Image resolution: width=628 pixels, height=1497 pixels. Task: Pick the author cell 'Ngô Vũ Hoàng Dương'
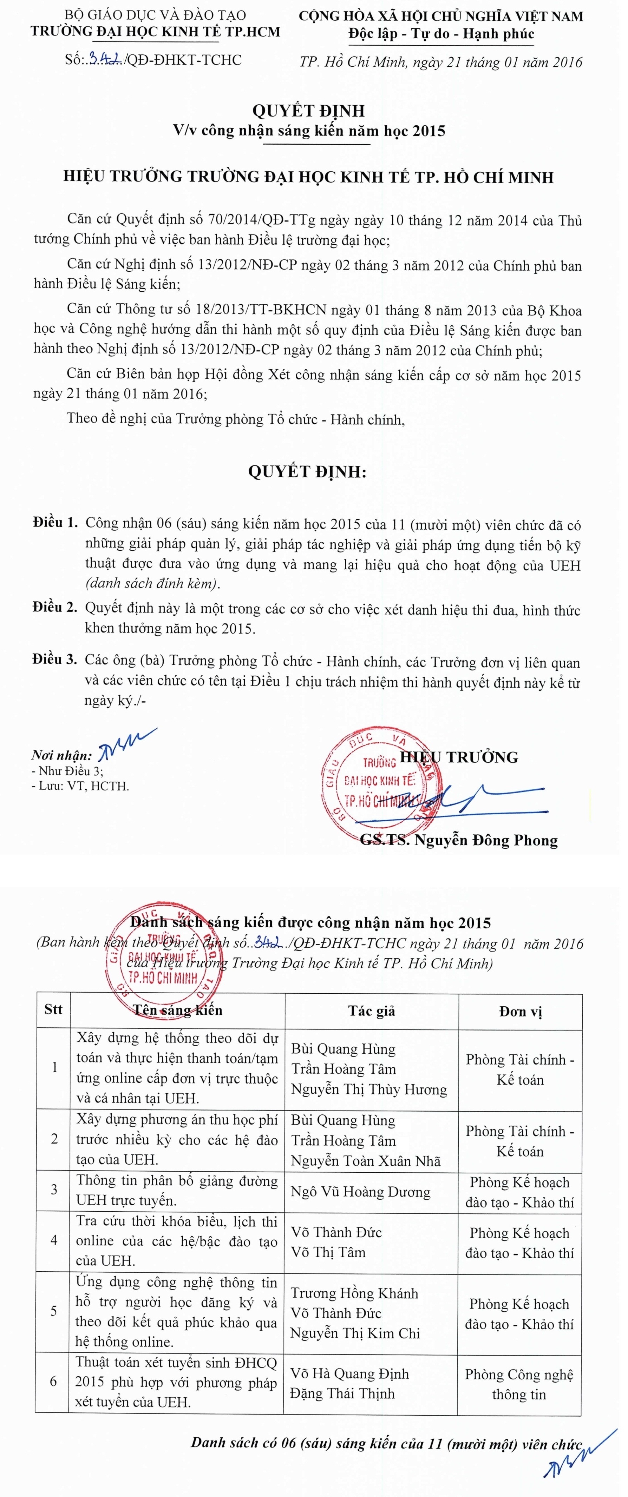360,1192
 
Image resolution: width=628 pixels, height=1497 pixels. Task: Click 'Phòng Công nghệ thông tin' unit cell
519,1384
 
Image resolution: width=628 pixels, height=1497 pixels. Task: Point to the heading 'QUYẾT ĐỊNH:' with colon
307,471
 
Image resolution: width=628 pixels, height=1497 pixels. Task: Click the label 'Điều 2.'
55,607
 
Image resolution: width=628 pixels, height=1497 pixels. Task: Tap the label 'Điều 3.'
55,659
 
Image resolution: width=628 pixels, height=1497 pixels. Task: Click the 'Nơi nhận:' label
61,755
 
